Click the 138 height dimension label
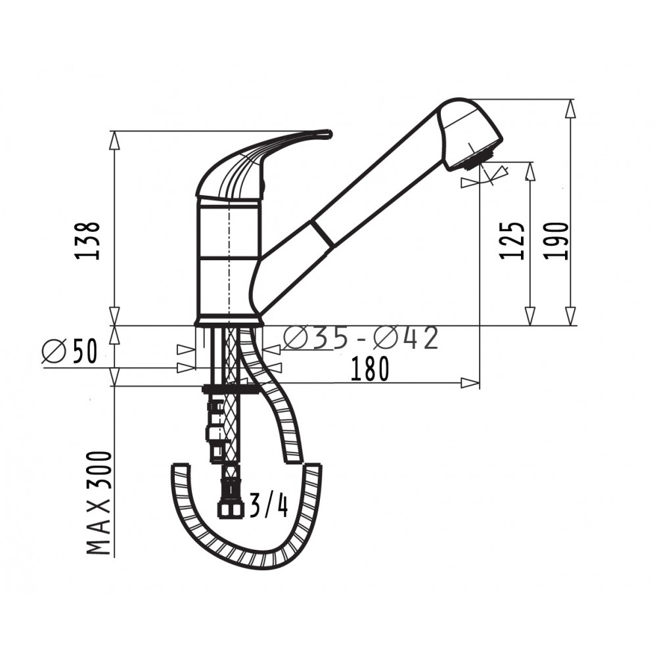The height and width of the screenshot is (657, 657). [87, 241]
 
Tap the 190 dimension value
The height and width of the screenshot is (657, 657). [557, 241]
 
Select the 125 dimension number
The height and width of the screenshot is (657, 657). [512, 241]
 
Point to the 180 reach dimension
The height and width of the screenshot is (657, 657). [369, 369]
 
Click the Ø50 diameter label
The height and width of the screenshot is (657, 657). [70, 350]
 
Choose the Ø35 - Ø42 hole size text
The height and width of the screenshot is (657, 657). [361, 338]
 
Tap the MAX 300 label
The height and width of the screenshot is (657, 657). [99, 503]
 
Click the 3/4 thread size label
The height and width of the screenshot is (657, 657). [269, 505]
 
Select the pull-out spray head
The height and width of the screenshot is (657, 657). [469, 133]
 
